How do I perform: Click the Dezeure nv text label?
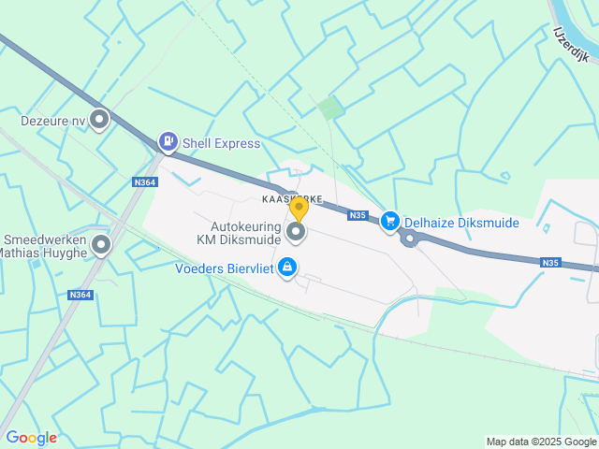tap(52, 120)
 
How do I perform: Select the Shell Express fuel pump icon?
tap(168, 142)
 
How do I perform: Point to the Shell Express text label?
tap(222, 143)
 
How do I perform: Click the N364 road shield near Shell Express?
tap(144, 182)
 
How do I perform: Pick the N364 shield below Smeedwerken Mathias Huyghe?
tap(80, 296)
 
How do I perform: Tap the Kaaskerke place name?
tap(292, 199)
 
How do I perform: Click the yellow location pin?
tap(299, 207)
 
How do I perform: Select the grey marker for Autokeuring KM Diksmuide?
tap(297, 230)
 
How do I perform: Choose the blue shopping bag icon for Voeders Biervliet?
tap(287, 268)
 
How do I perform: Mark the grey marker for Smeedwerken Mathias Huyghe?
tap(100, 246)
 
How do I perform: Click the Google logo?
tap(31, 437)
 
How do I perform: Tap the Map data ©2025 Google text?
tap(541, 442)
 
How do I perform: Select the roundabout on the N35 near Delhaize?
tap(409, 239)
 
